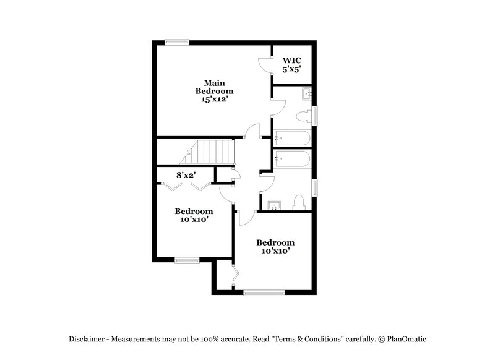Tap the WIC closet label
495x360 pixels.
(x=291, y=61)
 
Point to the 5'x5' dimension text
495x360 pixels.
(x=291, y=69)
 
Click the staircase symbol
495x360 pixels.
(x=211, y=152)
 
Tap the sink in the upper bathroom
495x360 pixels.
(x=306, y=94)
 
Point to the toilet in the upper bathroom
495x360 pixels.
(x=304, y=116)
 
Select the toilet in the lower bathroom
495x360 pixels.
(x=298, y=202)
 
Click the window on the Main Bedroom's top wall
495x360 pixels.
(x=176, y=43)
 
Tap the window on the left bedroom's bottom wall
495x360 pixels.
(x=186, y=260)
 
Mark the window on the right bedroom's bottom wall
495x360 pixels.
(x=264, y=292)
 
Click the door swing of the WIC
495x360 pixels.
(x=264, y=63)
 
